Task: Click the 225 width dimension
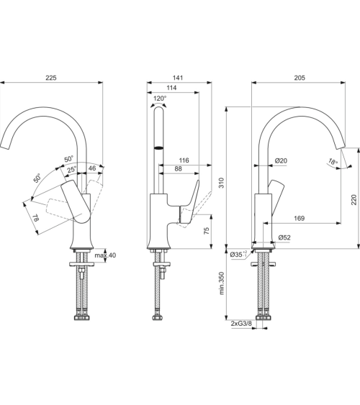click(x=51, y=78)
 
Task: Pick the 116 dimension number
click(x=184, y=160)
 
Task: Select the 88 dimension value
click(x=177, y=169)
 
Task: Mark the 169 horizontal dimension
click(x=299, y=218)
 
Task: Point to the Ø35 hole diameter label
click(x=238, y=254)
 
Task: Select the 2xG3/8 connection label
click(x=241, y=324)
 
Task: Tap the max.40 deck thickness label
click(x=105, y=256)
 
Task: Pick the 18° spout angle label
click(x=332, y=161)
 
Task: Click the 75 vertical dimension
click(x=207, y=231)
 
